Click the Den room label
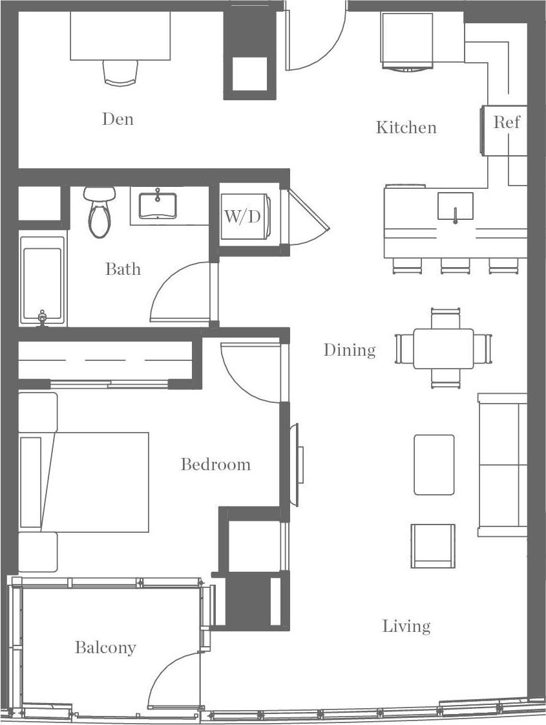(x=118, y=119)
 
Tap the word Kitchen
(x=406, y=127)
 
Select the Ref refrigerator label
(x=506, y=122)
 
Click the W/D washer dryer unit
(x=243, y=216)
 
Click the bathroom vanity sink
(x=158, y=205)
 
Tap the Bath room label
(x=123, y=269)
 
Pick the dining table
(x=443, y=349)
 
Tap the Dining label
(x=349, y=350)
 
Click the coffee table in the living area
(x=434, y=464)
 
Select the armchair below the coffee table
(x=433, y=545)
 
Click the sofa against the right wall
(x=503, y=464)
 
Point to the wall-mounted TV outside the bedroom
(x=298, y=464)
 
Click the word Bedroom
(x=215, y=464)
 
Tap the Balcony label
(x=105, y=647)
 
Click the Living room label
(x=406, y=626)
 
